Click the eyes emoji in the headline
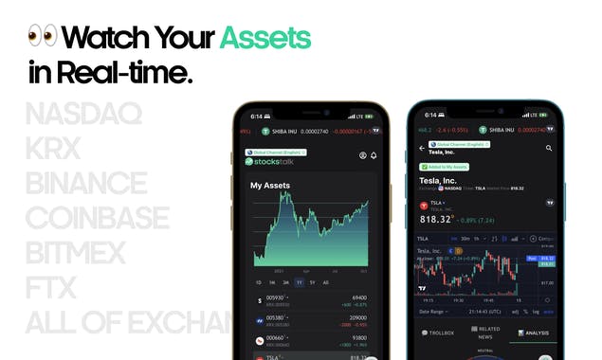point(43,37)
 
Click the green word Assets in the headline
point(265,37)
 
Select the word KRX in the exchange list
point(55,150)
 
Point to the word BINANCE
point(87,184)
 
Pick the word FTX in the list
point(50,286)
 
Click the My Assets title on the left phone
point(270,186)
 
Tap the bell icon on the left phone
point(374,155)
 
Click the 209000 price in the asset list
point(358,317)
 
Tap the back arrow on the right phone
point(422,148)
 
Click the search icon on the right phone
point(549,149)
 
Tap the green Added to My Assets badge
point(444,167)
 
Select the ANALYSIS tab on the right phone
point(534,333)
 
